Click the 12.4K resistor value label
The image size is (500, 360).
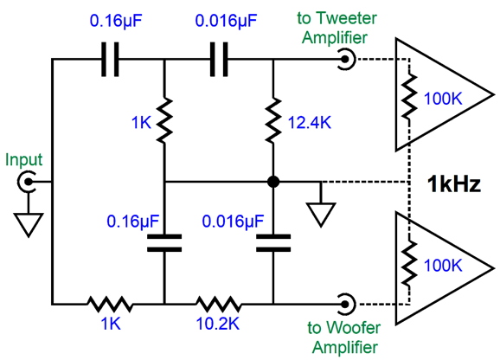310,122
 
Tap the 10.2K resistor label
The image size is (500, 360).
218,324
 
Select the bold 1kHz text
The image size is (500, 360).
453,184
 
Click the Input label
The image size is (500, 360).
24,159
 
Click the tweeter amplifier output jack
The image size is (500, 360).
346,60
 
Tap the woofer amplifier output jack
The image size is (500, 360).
346,305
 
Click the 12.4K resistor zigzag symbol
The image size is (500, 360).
273,120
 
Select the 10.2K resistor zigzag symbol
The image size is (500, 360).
218,305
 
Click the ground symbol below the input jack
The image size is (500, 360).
29,225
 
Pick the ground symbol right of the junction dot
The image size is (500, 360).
321,215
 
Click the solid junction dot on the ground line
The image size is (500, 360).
273,182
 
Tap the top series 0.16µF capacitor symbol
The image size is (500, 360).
110,60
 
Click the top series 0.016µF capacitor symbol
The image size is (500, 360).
219,60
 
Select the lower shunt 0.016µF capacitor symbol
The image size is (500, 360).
273,243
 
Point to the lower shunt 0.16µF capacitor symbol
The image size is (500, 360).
164,243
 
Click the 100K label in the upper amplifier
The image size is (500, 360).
443,99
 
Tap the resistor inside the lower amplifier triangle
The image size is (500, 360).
409,263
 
